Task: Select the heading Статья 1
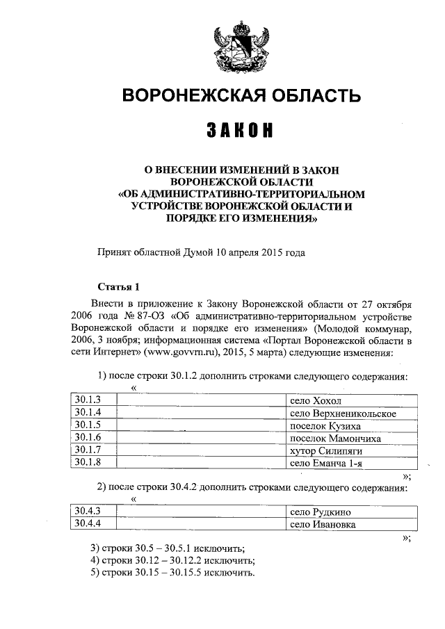pos(118,286)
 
